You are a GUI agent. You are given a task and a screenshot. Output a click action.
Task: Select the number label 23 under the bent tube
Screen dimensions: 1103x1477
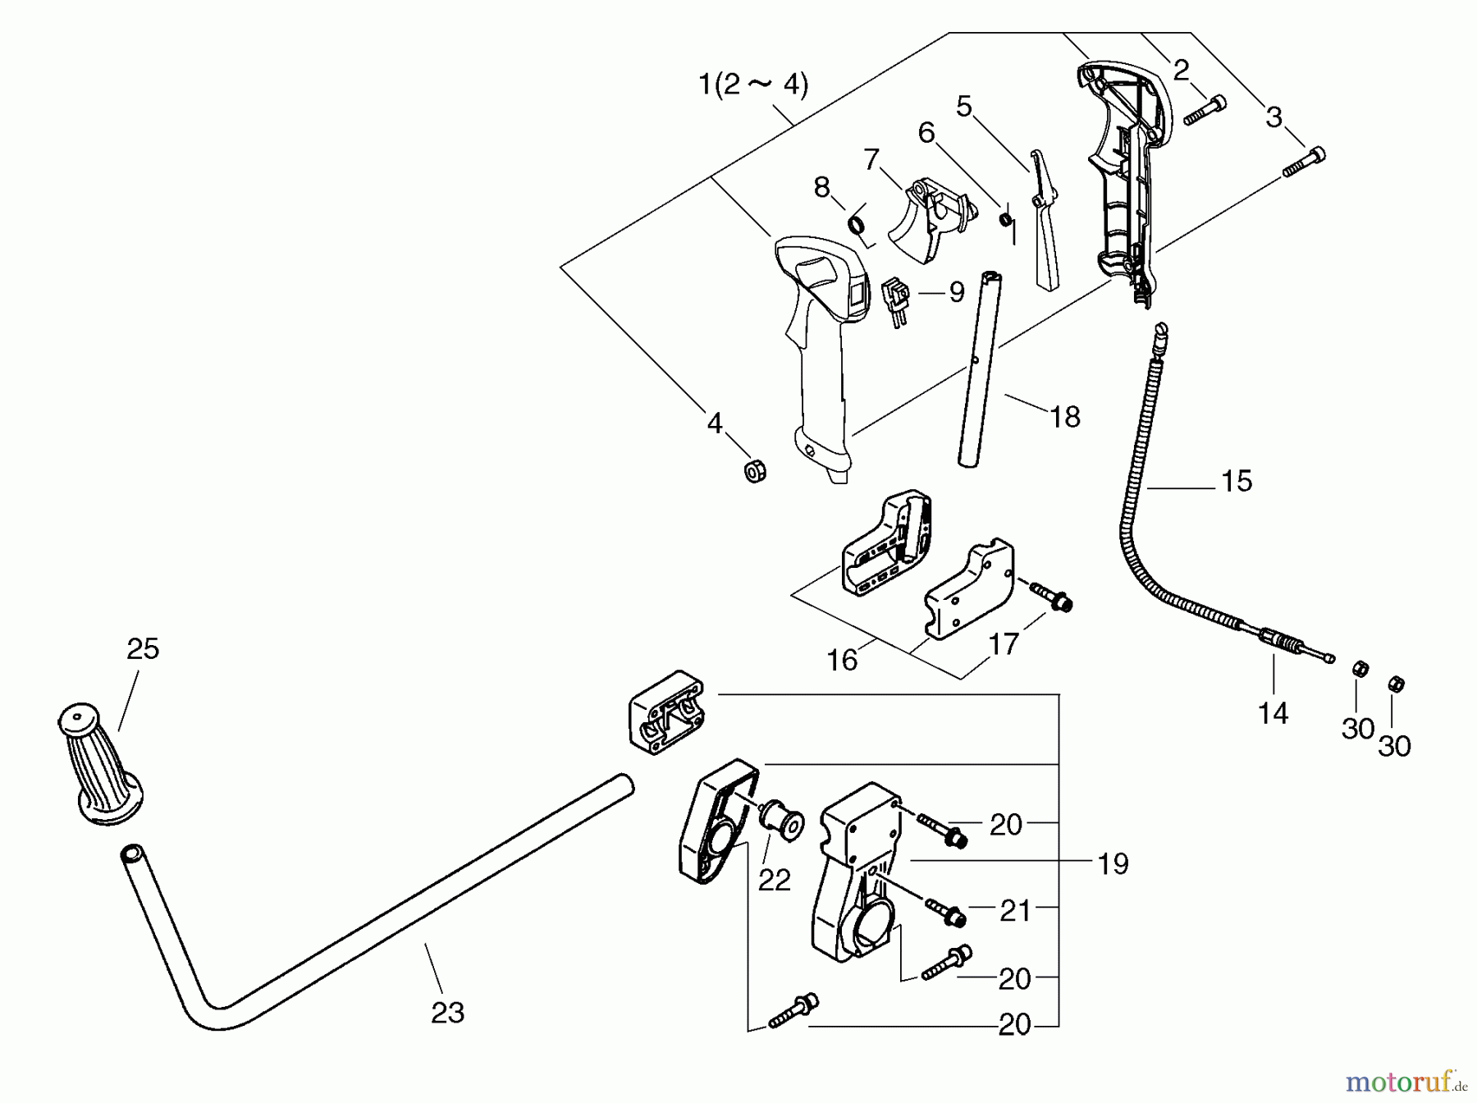pyautogui.click(x=447, y=1013)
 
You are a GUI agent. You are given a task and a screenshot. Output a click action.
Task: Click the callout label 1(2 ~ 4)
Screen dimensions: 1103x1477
pyautogui.click(x=752, y=85)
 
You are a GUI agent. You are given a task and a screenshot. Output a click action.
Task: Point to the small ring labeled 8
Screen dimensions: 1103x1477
pyautogui.click(x=857, y=223)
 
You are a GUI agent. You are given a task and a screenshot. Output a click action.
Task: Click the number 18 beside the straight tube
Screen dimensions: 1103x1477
pyautogui.click(x=1065, y=417)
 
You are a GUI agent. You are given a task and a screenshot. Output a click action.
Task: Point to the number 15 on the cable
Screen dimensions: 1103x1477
pyautogui.click(x=1236, y=481)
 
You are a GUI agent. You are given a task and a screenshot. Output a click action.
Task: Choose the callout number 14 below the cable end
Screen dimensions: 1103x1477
pyautogui.click(x=1273, y=713)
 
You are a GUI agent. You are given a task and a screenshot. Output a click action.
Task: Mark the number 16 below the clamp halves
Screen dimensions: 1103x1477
pyautogui.click(x=842, y=659)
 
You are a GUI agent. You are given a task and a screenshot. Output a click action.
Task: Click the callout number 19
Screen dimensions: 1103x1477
pyautogui.click(x=1113, y=863)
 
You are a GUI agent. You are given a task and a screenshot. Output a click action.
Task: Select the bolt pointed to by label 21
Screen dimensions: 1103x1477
pyautogui.click(x=946, y=912)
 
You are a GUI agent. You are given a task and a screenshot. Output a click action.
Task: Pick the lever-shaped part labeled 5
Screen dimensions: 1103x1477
pyautogui.click(x=1043, y=217)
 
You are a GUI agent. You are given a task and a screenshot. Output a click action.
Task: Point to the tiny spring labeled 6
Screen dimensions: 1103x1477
pyautogui.click(x=1004, y=219)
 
